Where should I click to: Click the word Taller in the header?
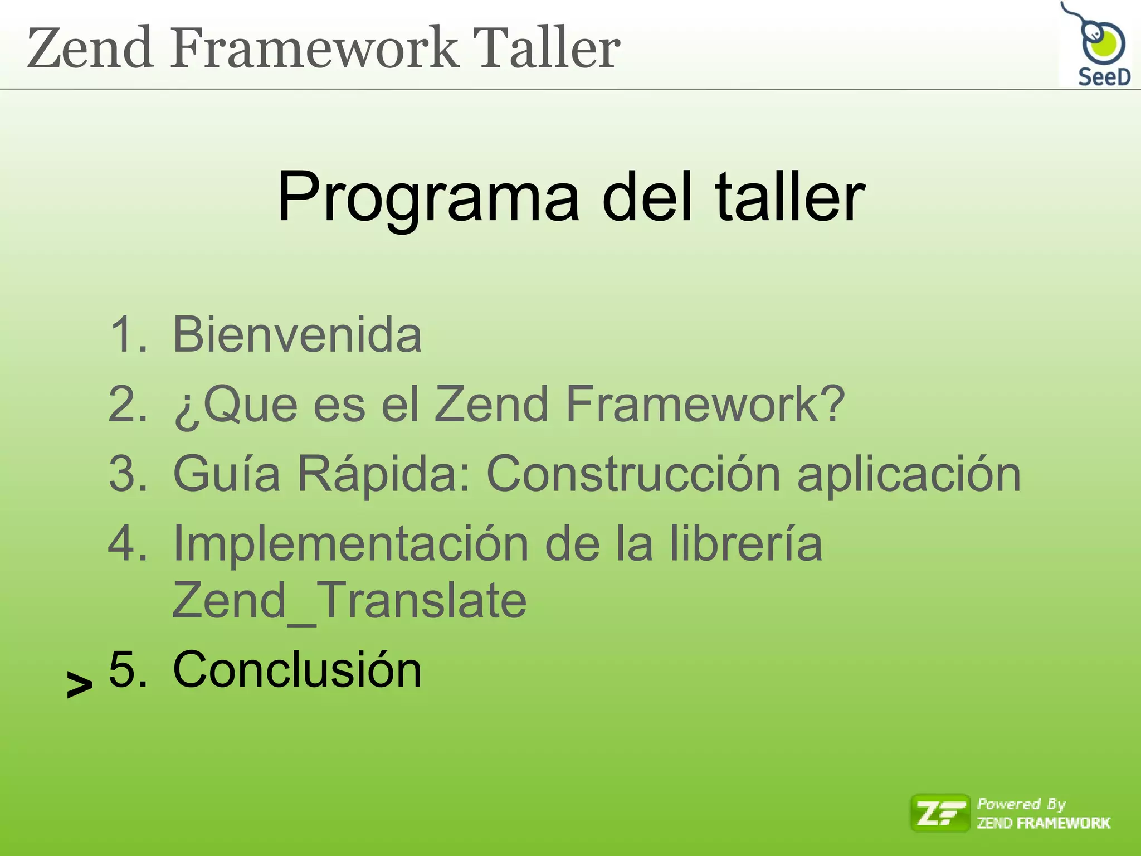545,48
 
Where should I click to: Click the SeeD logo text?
1104,77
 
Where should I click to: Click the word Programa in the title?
428,198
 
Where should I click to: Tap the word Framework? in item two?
705,404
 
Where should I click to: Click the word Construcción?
633,474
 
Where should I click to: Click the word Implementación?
350,544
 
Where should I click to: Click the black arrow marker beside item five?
80,684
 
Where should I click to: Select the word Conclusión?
297,669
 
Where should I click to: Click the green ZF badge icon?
940,813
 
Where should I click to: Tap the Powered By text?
1021,804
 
